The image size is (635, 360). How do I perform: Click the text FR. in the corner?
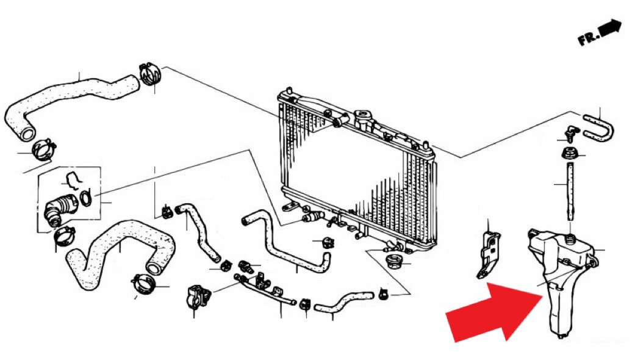[589, 38]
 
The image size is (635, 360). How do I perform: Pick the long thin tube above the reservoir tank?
[570, 191]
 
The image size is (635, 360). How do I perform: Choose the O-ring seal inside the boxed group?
[85, 198]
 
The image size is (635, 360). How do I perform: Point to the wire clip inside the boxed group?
[74, 180]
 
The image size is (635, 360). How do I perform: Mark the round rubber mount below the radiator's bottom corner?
[393, 261]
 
